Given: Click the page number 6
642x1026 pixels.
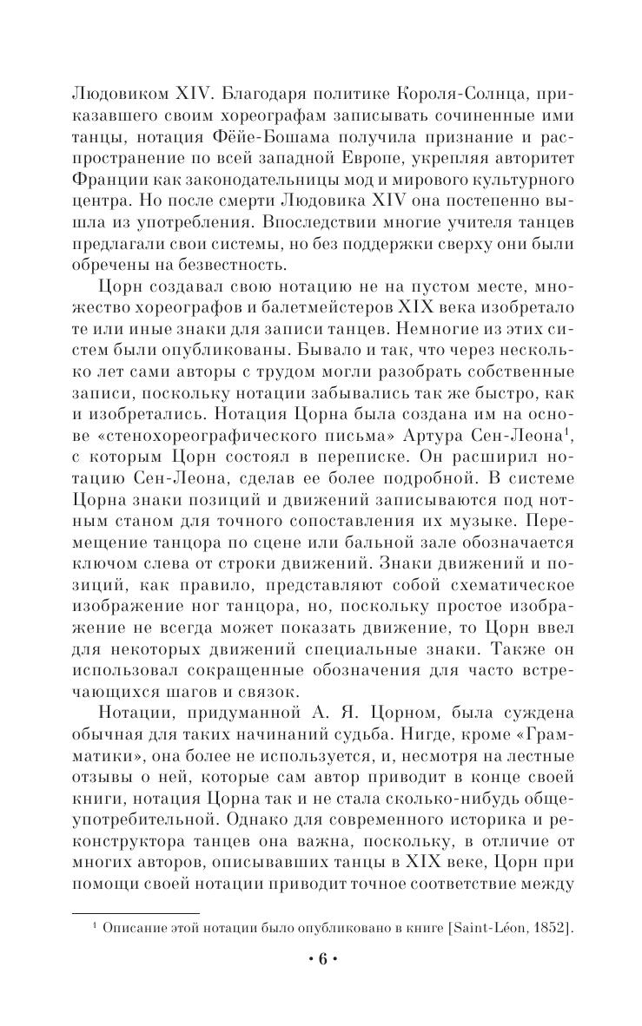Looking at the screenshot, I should click(x=321, y=960).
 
